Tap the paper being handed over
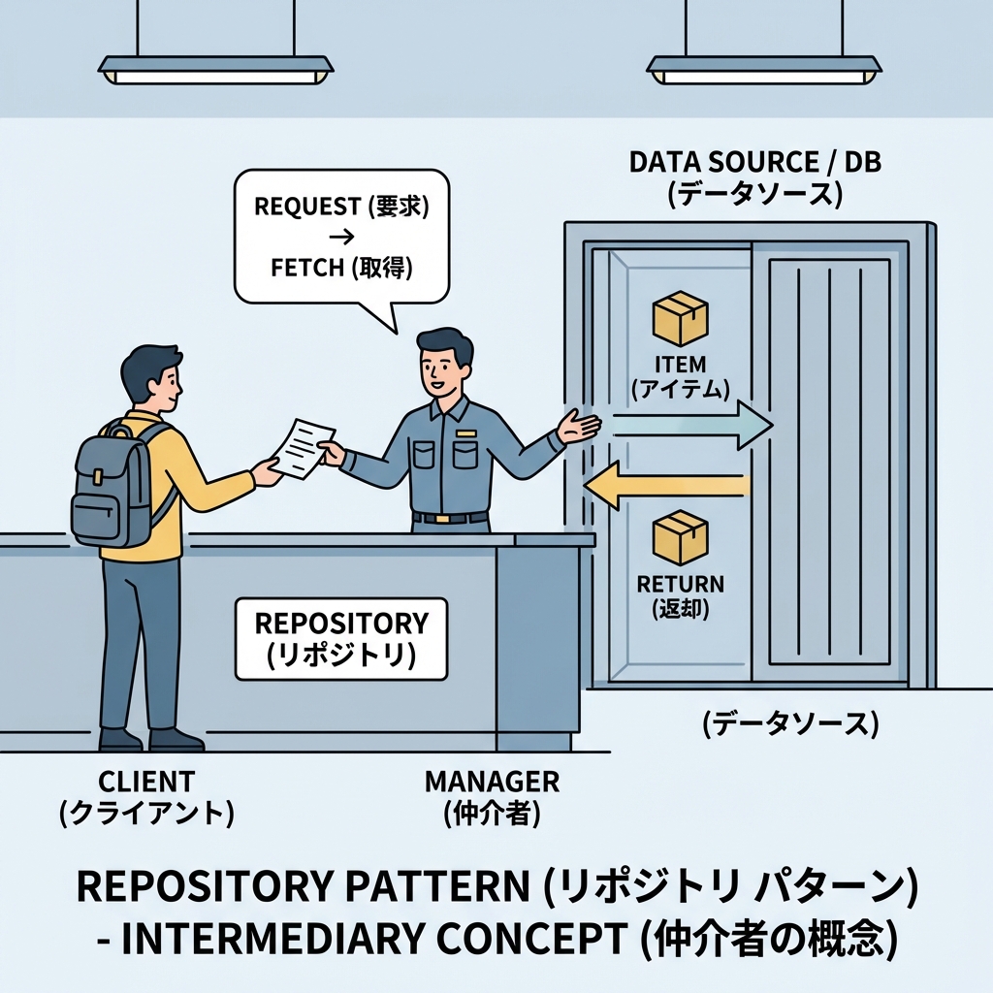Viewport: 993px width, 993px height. tap(300, 449)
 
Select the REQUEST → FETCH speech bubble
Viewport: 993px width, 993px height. tap(341, 237)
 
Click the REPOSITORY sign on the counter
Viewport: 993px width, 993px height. tap(340, 638)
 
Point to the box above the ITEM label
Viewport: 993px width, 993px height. tap(680, 318)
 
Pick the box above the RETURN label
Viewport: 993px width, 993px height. tap(680, 537)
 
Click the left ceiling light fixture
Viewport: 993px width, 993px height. tap(215, 67)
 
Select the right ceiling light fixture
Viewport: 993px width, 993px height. tap(764, 67)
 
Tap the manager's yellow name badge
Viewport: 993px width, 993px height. tap(466, 432)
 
